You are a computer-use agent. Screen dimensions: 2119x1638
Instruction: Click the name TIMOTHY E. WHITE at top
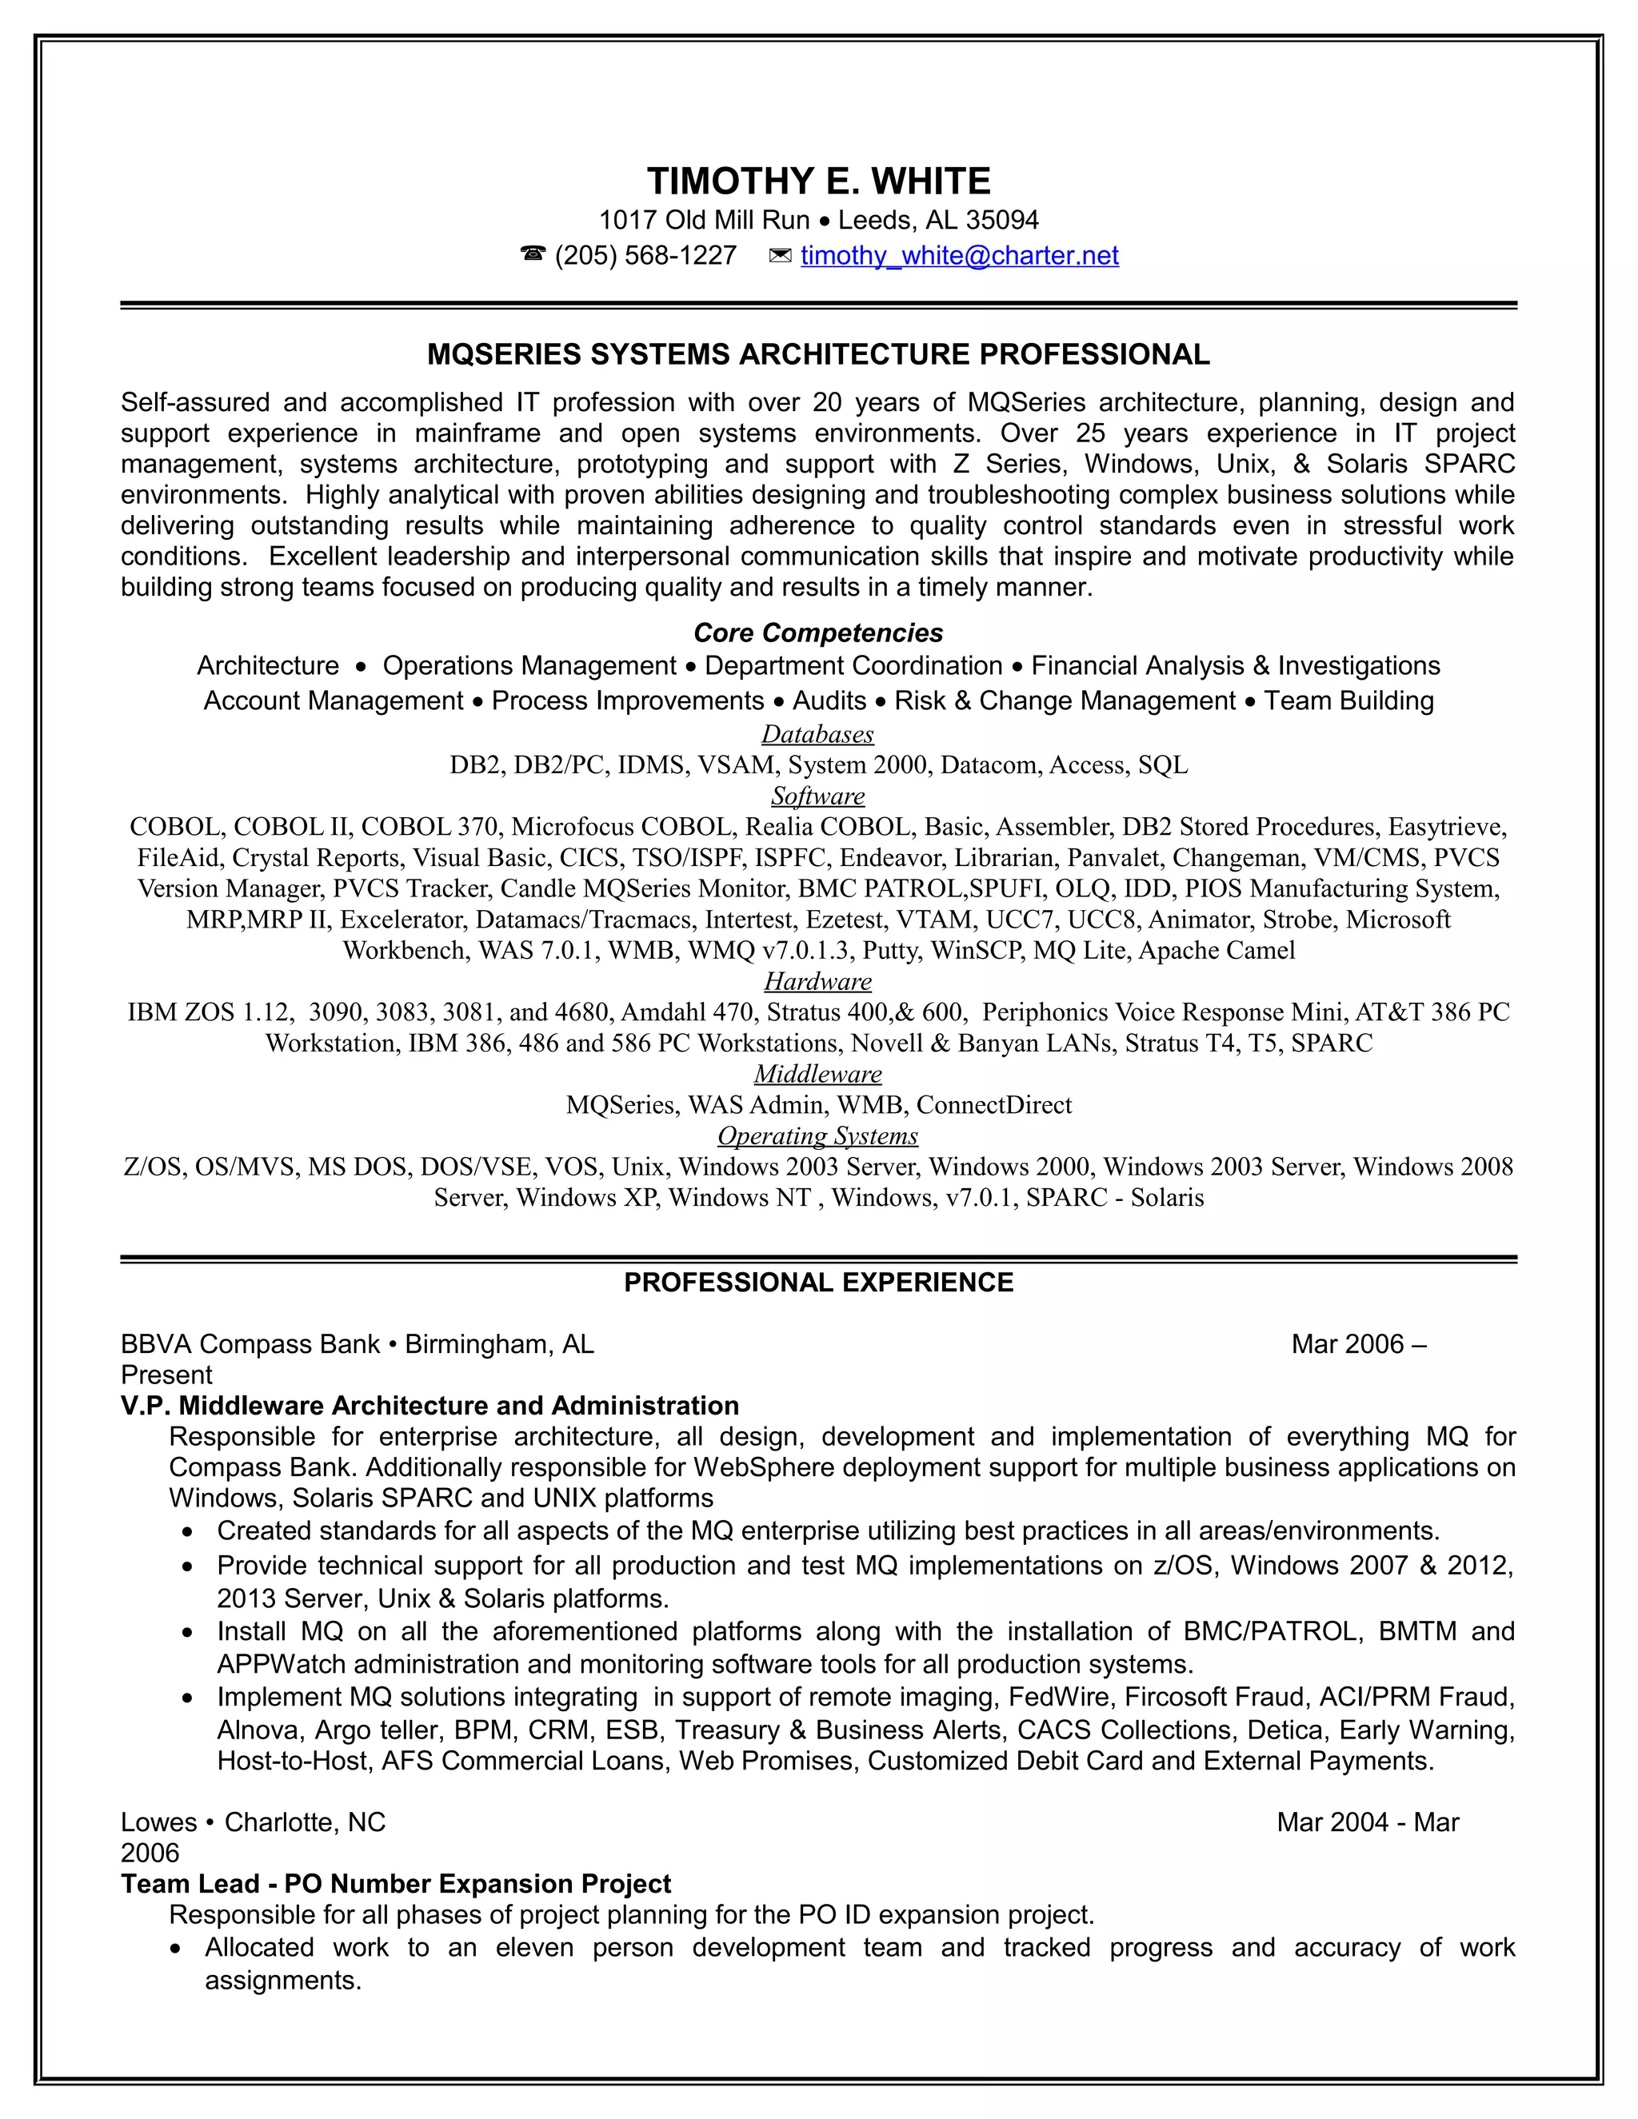818,182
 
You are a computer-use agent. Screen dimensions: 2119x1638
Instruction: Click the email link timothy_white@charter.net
959,256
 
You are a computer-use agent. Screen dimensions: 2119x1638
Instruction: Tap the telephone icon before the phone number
533,255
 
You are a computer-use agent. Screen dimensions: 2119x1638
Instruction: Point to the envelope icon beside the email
779,256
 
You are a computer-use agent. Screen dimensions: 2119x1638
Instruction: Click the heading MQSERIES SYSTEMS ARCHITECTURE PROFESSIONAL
818,355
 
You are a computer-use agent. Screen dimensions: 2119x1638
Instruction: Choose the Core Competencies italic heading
818,633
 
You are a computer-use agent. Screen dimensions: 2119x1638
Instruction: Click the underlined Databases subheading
817,735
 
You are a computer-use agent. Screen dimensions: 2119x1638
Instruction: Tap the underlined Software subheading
817,796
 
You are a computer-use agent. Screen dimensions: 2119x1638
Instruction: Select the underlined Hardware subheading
817,982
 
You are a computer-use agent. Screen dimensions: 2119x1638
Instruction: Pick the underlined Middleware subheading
817,1074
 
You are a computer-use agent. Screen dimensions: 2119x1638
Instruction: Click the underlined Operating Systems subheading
817,1136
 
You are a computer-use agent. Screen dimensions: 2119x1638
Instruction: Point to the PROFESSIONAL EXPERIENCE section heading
818,1283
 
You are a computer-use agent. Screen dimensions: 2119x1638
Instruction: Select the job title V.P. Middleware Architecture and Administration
429,1406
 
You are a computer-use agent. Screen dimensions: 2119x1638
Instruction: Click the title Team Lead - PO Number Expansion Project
396,1884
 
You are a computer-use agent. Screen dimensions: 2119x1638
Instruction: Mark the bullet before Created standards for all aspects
188,1533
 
